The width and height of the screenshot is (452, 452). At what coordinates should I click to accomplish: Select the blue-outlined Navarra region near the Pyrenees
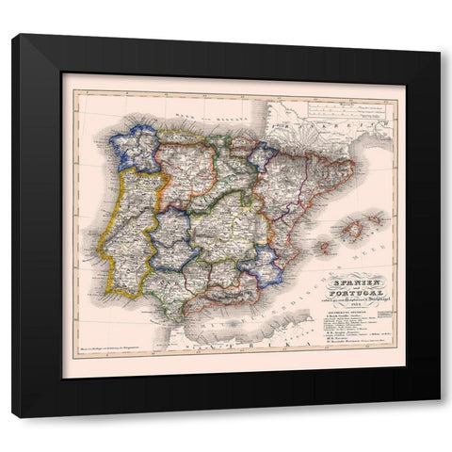point(263,155)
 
